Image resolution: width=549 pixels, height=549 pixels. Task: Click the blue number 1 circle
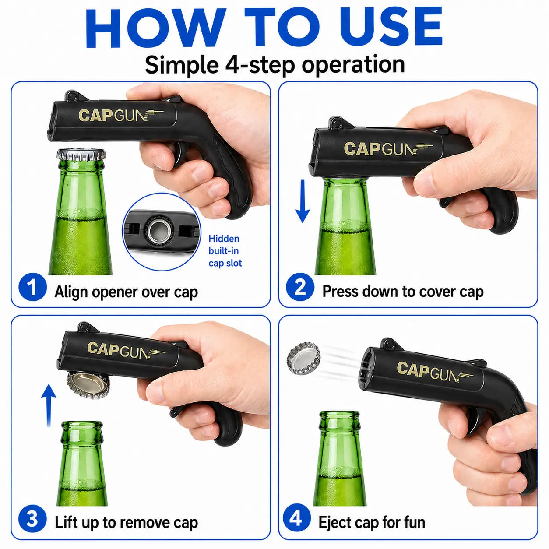(x=32, y=287)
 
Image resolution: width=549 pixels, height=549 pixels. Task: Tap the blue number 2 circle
(x=300, y=287)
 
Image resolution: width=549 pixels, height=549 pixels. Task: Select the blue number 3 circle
(x=32, y=518)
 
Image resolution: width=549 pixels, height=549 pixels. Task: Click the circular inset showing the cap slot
(x=162, y=232)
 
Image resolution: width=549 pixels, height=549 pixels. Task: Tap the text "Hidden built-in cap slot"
(x=225, y=251)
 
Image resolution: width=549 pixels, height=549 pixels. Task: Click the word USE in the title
(x=393, y=27)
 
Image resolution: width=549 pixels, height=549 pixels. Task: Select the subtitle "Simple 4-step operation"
(x=274, y=65)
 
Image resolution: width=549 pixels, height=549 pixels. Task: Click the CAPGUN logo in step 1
(x=120, y=116)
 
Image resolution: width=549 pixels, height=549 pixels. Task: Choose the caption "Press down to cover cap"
(x=403, y=292)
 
